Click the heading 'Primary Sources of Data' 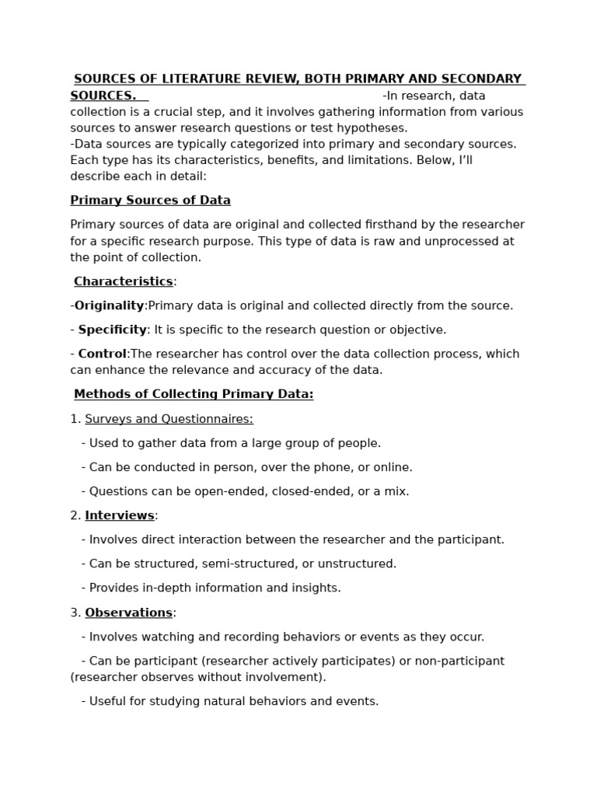pos(150,201)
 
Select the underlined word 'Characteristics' pos(123,281)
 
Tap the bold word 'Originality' pos(109,305)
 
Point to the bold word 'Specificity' pos(112,330)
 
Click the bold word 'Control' pos(102,354)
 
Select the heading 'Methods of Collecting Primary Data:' pos(194,394)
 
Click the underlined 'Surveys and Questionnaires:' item pos(169,419)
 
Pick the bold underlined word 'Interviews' pos(120,515)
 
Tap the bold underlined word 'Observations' pos(128,613)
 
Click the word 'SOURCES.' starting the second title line pos(103,96)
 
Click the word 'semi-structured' pos(267,564)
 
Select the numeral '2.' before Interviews pos(75,515)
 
